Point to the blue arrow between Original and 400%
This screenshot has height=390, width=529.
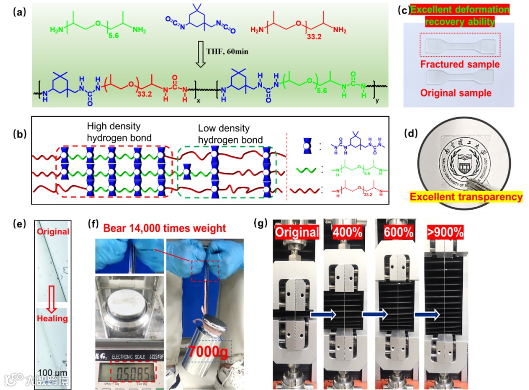pos(323,315)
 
